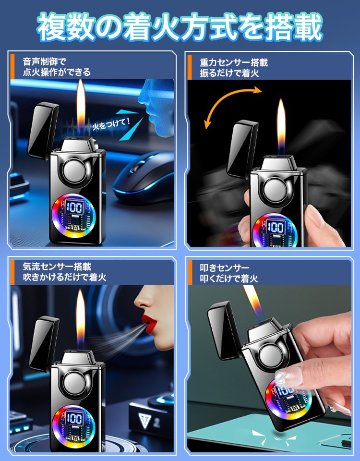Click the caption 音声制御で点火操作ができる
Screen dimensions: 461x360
click(x=57, y=67)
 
